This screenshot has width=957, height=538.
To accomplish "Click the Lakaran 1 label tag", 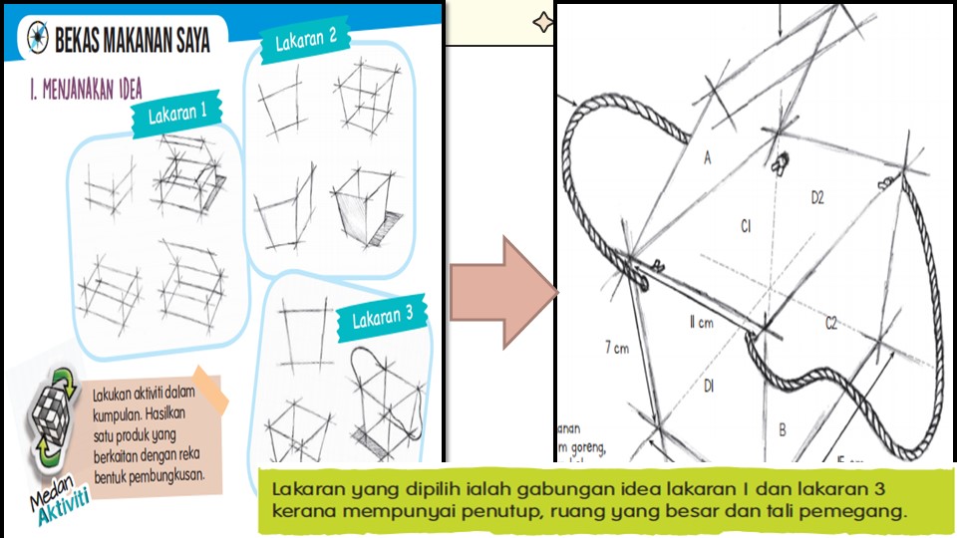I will [x=176, y=115].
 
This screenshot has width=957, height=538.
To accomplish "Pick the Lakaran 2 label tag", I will [x=305, y=39].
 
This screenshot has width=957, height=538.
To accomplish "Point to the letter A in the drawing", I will [x=709, y=156].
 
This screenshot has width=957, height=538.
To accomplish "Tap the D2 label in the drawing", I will [x=816, y=198].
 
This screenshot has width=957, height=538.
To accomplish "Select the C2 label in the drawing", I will [x=829, y=322].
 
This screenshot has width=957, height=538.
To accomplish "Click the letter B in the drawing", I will [x=783, y=430].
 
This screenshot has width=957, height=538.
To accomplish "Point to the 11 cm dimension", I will [x=703, y=322].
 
